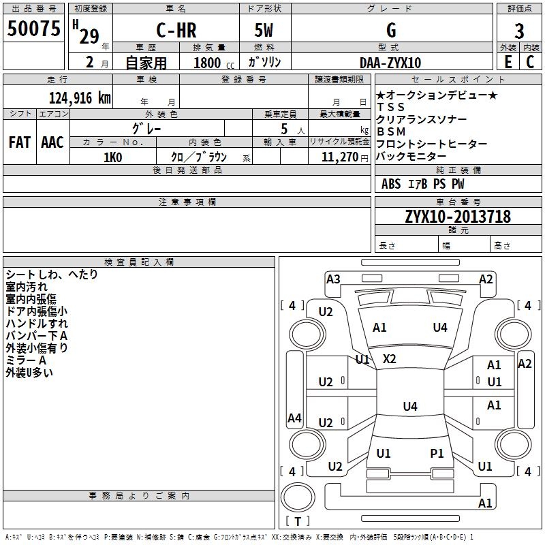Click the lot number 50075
[33, 29]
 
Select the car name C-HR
[176, 30]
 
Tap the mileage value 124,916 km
[80, 98]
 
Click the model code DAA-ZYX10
[390, 63]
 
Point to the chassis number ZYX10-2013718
[458, 217]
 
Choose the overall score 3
[519, 31]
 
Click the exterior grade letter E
[508, 62]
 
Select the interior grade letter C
[530, 62]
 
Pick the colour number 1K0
[113, 157]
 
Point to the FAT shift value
[20, 142]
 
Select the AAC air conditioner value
[52, 142]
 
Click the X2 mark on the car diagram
[389, 359]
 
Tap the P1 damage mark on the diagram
[437, 453]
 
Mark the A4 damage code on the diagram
[294, 418]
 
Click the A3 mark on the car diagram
[333, 279]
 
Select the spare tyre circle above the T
[298, 497]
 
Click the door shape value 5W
[264, 30]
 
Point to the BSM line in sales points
[391, 131]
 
